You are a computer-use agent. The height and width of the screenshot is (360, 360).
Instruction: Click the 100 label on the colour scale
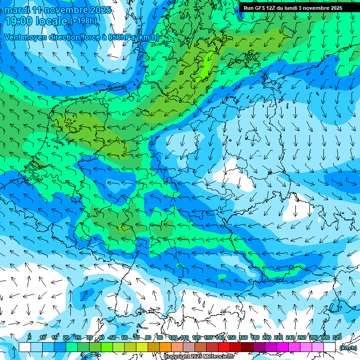[x=173, y=337]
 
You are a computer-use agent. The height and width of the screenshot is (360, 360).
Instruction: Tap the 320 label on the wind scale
[x=337, y=337]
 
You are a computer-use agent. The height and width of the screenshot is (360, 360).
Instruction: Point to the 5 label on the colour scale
[x=30, y=337]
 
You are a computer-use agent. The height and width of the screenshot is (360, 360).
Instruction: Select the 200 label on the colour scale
[x=267, y=337]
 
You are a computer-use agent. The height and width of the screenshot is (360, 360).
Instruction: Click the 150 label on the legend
[x=232, y=337]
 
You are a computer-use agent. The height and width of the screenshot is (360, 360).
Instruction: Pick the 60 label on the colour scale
[x=124, y=337]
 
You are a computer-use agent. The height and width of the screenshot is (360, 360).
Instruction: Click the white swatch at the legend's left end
[x=24, y=347]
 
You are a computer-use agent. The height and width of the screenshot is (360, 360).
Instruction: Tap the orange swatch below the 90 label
[x=165, y=347]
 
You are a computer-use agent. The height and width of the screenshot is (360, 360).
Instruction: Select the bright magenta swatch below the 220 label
[x=283, y=347]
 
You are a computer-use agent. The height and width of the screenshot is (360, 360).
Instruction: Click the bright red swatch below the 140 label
[x=224, y=347]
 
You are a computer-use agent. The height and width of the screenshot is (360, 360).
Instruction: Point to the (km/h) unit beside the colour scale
[x=348, y=348]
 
